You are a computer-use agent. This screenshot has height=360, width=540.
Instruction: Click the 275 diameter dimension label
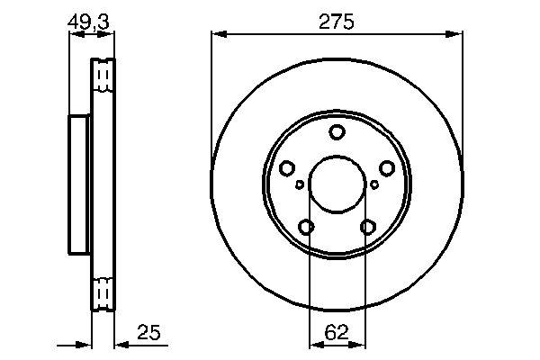[x=336, y=21]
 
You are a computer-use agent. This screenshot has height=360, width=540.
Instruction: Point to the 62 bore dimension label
[x=336, y=332]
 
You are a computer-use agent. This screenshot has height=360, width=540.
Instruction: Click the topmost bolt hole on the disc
[x=337, y=133]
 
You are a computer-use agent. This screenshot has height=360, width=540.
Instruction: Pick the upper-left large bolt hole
[x=287, y=168]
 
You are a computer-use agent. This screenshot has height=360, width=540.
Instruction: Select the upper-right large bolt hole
[x=387, y=168]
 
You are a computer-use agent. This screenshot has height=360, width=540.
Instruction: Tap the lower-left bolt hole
[x=307, y=227]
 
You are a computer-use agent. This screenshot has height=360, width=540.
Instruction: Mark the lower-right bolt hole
[x=367, y=227]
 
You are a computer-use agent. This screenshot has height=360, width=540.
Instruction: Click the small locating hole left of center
[x=299, y=184]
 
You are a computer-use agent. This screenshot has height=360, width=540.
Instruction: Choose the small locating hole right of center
[x=375, y=184]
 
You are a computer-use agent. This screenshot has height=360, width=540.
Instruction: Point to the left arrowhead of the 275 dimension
[x=217, y=35]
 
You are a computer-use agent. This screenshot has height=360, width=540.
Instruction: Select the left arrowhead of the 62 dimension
[x=314, y=345]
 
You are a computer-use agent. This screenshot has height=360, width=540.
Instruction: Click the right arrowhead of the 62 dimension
[x=359, y=345]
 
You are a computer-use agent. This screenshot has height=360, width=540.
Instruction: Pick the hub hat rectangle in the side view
[x=80, y=185]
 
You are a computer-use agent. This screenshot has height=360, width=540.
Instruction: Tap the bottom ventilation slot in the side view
[x=104, y=293]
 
